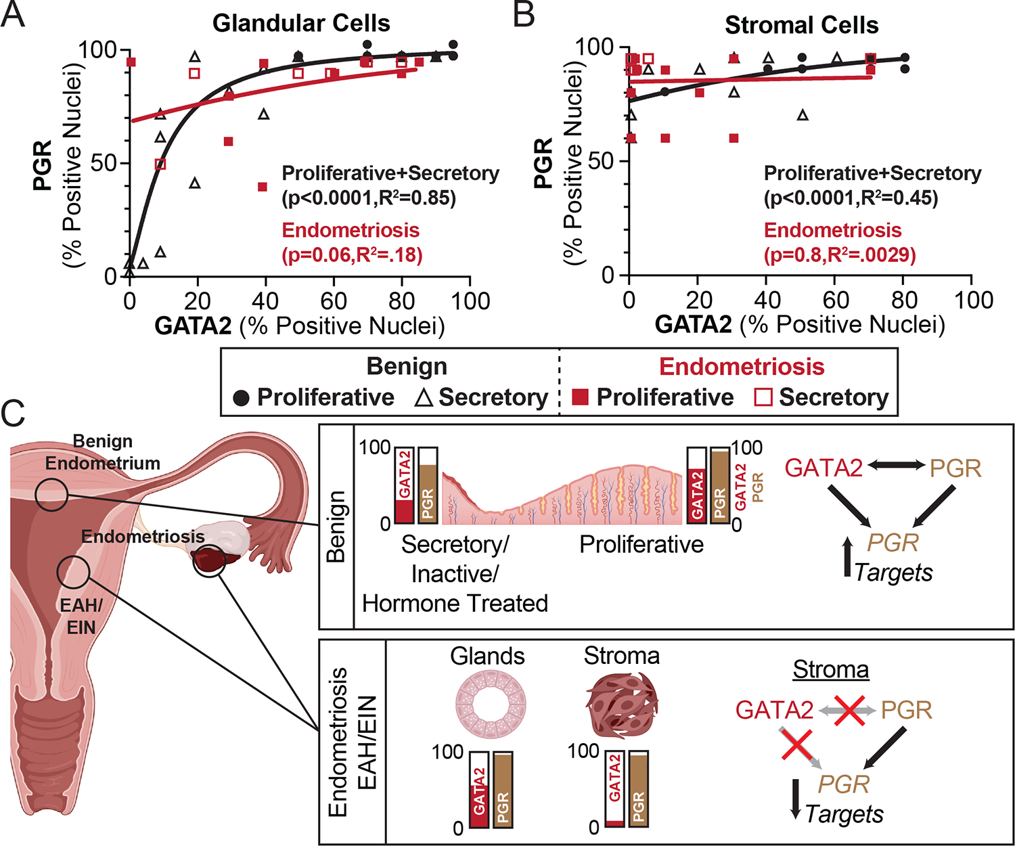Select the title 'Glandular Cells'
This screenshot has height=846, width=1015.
(x=301, y=24)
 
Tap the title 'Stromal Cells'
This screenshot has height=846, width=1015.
(x=801, y=26)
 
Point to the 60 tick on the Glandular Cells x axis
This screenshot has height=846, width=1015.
(x=334, y=300)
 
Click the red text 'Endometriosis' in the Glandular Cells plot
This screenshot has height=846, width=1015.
(x=351, y=230)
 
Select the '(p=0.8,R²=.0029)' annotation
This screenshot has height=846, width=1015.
(x=840, y=255)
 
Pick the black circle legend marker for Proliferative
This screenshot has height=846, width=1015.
(x=241, y=397)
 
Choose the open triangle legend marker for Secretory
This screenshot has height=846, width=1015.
(x=424, y=397)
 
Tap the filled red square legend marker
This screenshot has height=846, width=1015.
(x=580, y=397)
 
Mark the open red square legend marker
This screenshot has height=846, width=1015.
(x=763, y=397)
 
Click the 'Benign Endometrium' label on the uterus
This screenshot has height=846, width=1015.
(x=103, y=452)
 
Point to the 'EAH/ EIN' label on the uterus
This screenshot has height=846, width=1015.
(x=81, y=617)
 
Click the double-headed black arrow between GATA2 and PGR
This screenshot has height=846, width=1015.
(x=896, y=466)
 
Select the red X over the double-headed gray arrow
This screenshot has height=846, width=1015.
(x=849, y=710)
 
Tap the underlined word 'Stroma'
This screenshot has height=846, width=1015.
(x=830, y=669)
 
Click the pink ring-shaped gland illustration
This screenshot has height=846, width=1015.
(x=488, y=705)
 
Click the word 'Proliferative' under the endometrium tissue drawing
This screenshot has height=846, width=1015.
(x=641, y=545)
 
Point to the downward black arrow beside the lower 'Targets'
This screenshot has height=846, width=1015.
(x=796, y=799)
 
